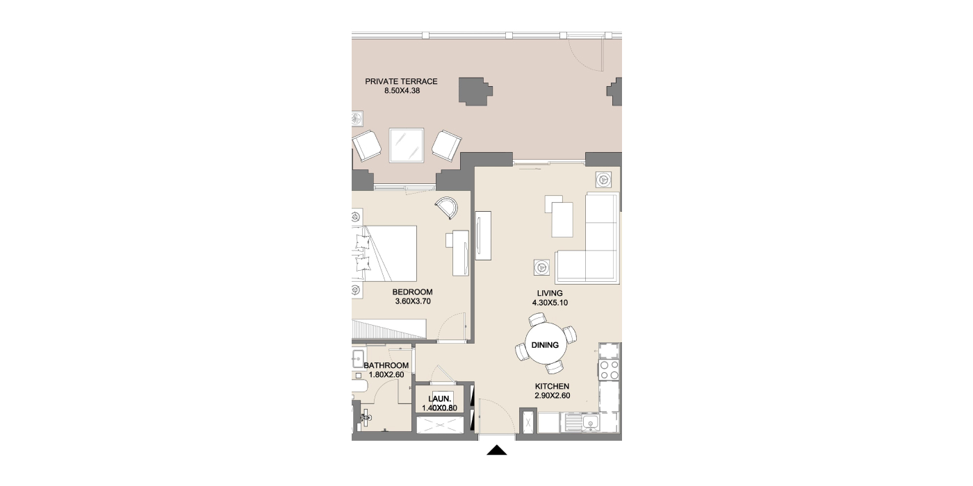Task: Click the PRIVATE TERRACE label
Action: tap(401, 81)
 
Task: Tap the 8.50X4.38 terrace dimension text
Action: tap(402, 91)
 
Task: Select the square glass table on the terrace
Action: tap(406, 145)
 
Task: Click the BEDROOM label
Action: tap(412, 292)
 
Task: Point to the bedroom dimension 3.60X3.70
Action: tap(413, 301)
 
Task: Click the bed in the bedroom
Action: tap(384, 253)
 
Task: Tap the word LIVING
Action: tap(550, 293)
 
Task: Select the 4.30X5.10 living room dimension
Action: tap(550, 303)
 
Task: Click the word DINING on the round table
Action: tap(545, 345)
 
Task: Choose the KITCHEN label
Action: tap(552, 386)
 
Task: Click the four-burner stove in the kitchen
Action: tap(609, 369)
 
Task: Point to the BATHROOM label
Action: tap(386, 365)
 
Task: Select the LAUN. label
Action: tap(439, 399)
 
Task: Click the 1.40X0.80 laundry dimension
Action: tap(439, 408)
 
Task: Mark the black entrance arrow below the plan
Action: tap(496, 450)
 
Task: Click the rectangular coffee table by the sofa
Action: tap(562, 219)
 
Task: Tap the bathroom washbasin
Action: tap(359, 358)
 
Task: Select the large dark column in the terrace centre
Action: tap(475, 91)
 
